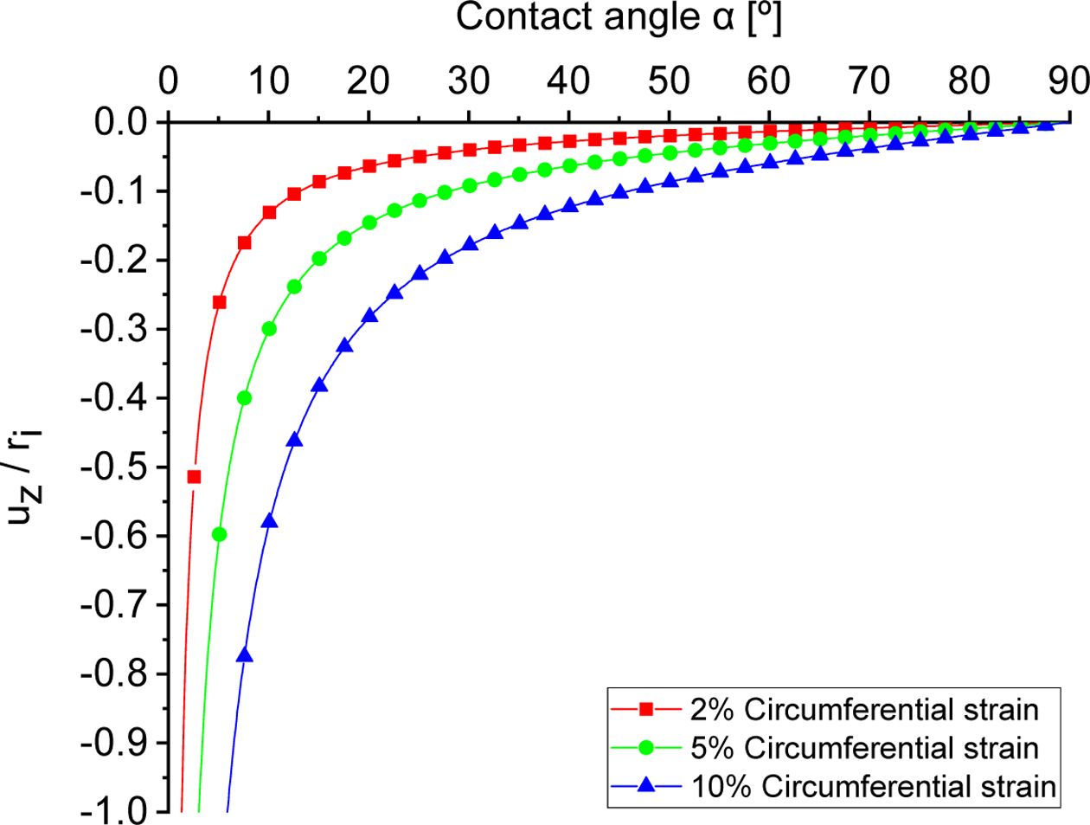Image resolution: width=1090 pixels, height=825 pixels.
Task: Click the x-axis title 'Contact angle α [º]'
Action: click(x=618, y=17)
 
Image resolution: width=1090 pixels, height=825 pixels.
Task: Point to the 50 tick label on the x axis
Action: click(x=670, y=81)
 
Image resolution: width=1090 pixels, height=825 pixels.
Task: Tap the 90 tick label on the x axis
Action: click(x=1069, y=81)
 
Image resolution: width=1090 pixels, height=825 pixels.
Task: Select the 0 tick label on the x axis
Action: click(x=169, y=81)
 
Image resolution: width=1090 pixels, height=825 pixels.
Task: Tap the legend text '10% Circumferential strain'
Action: click(x=874, y=786)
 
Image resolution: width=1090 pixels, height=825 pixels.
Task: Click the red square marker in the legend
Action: click(x=645, y=710)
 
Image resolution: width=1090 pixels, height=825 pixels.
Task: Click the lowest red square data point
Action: click(x=194, y=477)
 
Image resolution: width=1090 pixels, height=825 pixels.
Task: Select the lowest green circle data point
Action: click(x=219, y=534)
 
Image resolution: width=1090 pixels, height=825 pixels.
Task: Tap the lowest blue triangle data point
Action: click(x=244, y=655)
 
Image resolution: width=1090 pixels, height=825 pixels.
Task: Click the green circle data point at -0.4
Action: click(x=244, y=398)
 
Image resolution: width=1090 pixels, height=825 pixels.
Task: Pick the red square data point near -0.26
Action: click(x=219, y=302)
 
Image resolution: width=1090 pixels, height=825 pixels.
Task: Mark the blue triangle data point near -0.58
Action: click(x=269, y=521)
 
